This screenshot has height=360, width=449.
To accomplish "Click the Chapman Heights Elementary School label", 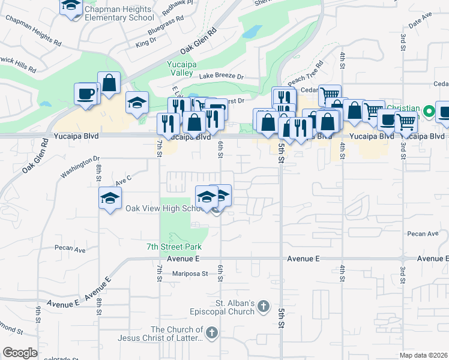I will coord(119,14).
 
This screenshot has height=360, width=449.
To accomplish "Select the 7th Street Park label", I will coord(174,247).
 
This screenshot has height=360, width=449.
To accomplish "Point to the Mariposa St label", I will coord(187,274).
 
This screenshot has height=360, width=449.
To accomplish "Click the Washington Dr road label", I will coord(80,167).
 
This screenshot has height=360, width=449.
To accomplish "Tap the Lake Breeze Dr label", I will coord(221,76).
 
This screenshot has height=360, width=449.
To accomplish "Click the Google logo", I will coord(20,352).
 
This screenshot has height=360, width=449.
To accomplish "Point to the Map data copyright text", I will coord(424,355).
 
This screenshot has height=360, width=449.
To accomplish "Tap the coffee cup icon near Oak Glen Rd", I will coord(86,94).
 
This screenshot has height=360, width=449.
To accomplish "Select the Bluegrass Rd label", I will coord(164,28).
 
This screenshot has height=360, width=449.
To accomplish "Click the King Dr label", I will coord(146,42).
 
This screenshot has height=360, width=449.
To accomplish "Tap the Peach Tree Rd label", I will coord(306,73).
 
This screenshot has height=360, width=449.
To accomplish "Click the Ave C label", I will coord(123,179).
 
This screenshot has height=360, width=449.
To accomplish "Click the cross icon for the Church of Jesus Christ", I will coord(211,334).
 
